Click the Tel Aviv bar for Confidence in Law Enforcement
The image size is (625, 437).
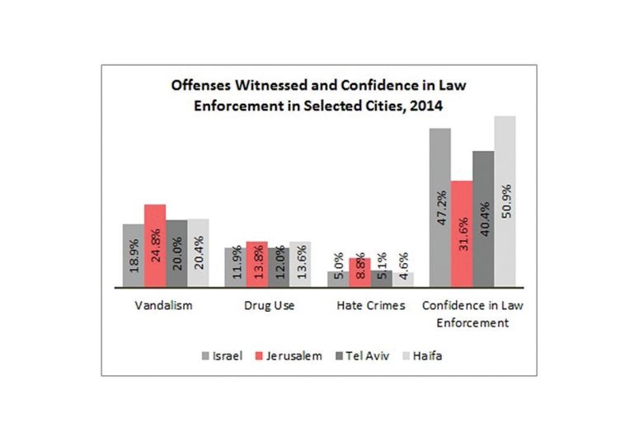(482, 218)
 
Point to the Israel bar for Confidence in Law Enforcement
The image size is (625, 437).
(439, 207)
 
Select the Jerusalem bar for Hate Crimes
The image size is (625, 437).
(359, 271)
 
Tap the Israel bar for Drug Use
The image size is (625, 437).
(235, 265)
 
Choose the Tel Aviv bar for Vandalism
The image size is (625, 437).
(176, 252)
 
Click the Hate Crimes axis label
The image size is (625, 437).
(371, 306)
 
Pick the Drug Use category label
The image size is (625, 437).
(267, 306)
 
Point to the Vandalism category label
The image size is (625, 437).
(165, 306)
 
